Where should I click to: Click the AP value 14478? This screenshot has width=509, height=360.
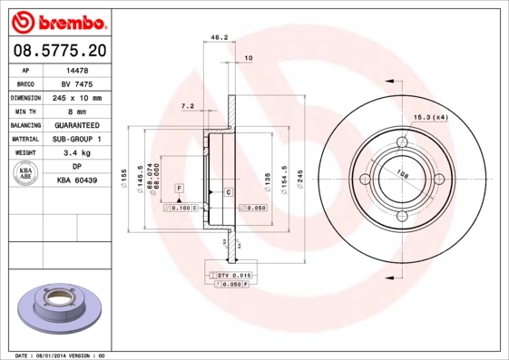(x=77, y=69)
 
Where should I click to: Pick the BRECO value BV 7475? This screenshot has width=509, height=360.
(x=77, y=83)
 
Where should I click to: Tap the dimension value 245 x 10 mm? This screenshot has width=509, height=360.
(x=77, y=97)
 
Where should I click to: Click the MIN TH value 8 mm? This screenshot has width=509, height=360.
(x=77, y=111)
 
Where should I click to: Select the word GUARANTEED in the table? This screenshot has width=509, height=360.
(x=77, y=125)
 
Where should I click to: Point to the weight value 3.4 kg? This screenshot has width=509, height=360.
(x=77, y=153)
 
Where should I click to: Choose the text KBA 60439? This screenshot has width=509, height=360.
(x=77, y=181)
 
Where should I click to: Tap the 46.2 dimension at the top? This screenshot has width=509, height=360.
(x=218, y=38)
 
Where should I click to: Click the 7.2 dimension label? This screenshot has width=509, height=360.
(x=188, y=106)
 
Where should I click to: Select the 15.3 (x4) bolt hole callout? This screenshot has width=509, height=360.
(x=431, y=118)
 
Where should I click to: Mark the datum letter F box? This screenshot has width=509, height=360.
(x=180, y=187)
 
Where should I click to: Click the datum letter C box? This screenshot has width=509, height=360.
(x=228, y=192)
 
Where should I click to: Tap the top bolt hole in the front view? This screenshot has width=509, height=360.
(x=402, y=141)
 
